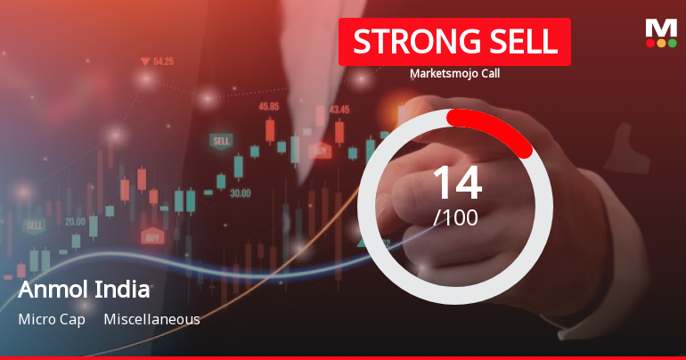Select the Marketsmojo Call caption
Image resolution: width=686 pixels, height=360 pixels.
pyautogui.click(x=454, y=73)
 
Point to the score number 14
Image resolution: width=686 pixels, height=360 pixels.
pyautogui.click(x=456, y=183)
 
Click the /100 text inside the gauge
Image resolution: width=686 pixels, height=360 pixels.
pyautogui.click(x=456, y=217)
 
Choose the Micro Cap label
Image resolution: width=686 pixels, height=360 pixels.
pyautogui.click(x=52, y=319)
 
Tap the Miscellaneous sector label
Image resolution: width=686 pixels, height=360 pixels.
pyautogui.click(x=151, y=319)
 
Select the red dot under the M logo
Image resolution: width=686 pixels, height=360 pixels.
pyautogui.click(x=649, y=43)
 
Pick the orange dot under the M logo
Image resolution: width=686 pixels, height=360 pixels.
pyautogui.click(x=661, y=43)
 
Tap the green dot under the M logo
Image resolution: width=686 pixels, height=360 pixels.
pyautogui.click(x=673, y=43)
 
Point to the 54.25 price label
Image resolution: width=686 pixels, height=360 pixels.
pyautogui.click(x=163, y=61)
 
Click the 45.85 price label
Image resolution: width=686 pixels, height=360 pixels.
pyautogui.click(x=268, y=106)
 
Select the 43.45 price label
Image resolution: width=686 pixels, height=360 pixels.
pyautogui.click(x=339, y=110)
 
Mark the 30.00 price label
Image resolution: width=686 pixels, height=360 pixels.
pyautogui.click(x=240, y=192)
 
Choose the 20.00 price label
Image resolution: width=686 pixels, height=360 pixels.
pyautogui.click(x=75, y=222)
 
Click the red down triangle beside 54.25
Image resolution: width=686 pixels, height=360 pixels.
pyautogui.click(x=144, y=61)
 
